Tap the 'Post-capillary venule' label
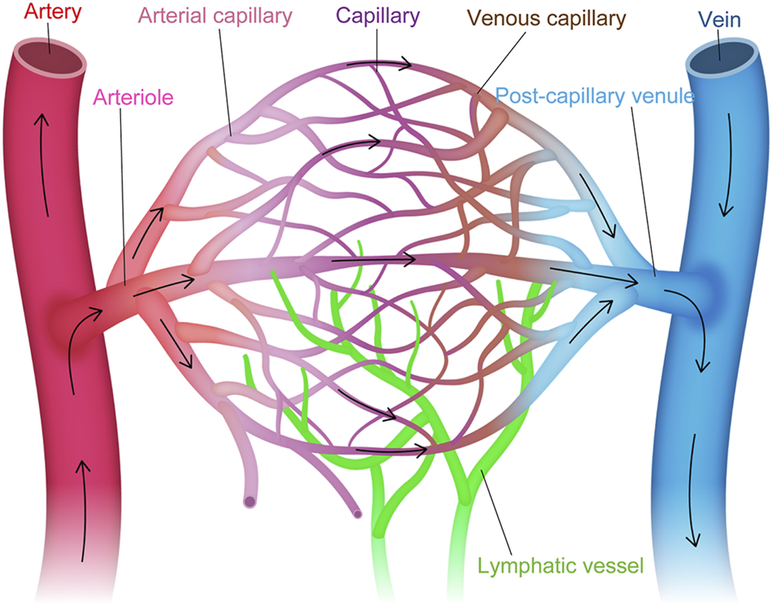click(594, 95)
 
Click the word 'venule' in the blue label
click(661, 95)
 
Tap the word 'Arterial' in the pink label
click(171, 15)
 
